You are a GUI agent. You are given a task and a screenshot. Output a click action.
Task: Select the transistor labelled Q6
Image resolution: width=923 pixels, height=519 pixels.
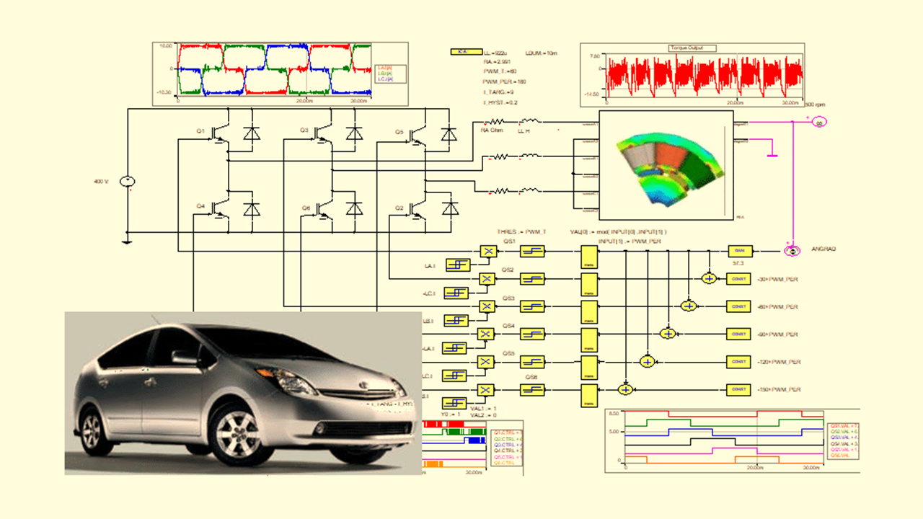coord(322,208)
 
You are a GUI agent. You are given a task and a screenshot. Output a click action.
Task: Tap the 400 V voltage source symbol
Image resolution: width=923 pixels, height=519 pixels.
coord(126,182)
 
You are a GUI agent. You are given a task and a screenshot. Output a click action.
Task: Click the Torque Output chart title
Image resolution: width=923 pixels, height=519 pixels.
coord(693,48)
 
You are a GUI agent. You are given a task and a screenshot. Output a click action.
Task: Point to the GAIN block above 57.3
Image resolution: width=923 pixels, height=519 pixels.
coord(738,250)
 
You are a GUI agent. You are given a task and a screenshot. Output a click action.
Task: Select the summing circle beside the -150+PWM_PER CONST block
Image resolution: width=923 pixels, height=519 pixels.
coord(626,389)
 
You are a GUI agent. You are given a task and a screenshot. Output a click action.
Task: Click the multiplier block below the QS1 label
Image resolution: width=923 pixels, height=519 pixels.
coord(487,251)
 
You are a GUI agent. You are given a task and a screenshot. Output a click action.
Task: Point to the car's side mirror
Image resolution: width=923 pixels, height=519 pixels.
coord(184,357)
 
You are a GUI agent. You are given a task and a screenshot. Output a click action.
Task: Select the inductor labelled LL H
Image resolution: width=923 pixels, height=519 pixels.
coord(529,123)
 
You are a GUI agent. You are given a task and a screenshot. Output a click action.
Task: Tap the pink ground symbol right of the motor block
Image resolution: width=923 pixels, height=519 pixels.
coord(772,153)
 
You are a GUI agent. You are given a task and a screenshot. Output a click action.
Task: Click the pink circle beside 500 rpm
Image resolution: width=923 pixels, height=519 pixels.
coord(818,123)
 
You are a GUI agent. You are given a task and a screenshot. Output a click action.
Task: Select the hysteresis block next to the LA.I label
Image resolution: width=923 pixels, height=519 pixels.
coord(456,265)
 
